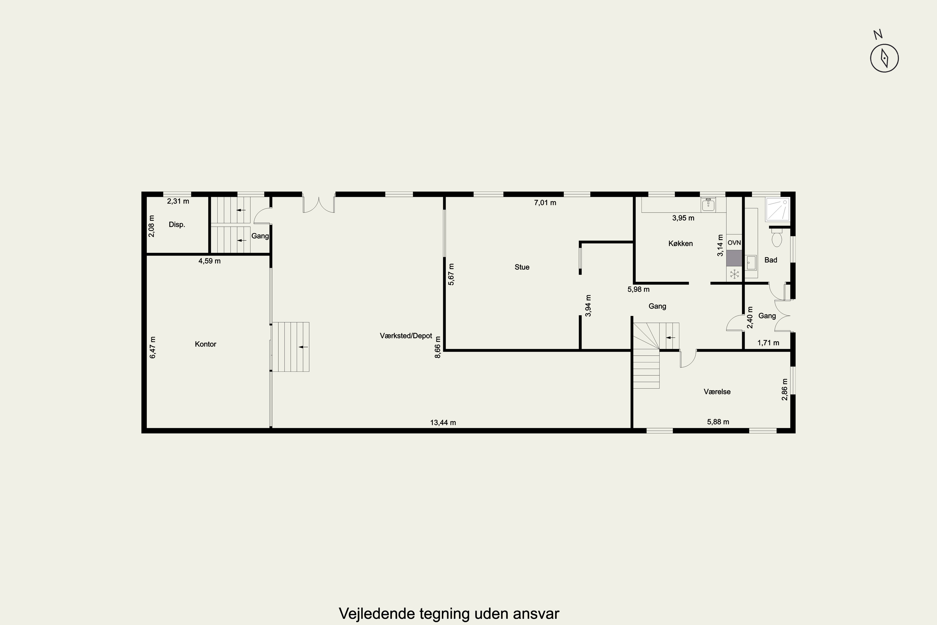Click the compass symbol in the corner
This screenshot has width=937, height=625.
click(884, 58)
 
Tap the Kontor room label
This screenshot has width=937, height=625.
click(206, 344)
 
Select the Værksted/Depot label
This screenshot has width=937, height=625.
click(406, 336)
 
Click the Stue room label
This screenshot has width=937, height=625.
click(522, 267)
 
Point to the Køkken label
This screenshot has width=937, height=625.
click(681, 243)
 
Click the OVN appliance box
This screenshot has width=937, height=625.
click(734, 242)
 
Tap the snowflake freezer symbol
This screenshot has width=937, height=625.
click(734, 274)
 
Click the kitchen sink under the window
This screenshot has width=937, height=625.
click(708, 205)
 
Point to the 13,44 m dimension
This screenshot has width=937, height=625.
click(443, 422)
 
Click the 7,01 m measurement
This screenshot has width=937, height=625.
click(545, 202)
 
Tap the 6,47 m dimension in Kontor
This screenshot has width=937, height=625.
click(153, 347)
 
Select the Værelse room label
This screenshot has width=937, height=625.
click(717, 392)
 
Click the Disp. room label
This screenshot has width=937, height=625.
click(177, 224)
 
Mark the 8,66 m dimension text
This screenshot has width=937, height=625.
click(438, 347)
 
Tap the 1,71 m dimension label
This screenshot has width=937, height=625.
click(768, 343)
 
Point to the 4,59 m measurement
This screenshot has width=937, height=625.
click(210, 261)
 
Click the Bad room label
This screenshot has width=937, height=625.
click(771, 260)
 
